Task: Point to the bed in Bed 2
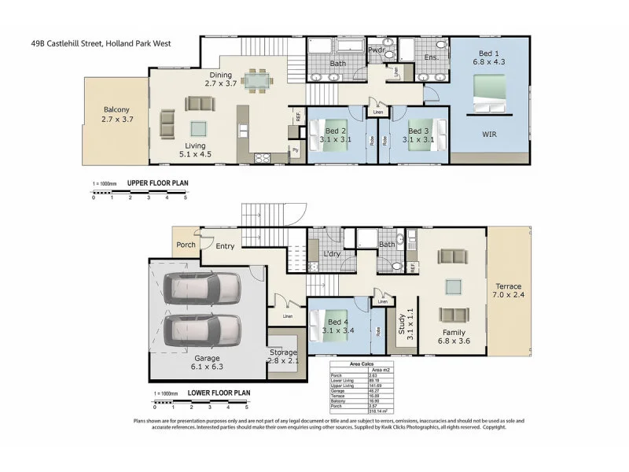332,133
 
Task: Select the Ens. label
432,57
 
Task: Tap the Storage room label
283,352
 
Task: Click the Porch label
186,244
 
